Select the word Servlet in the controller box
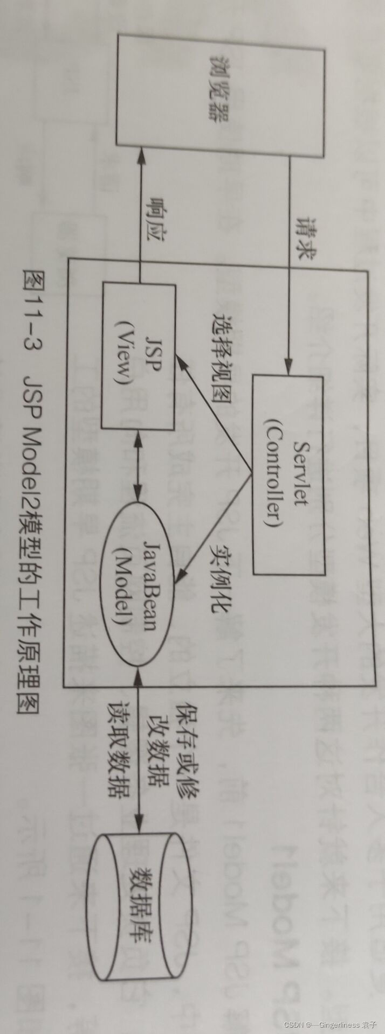(x=301, y=474)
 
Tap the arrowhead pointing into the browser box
(x=140, y=156)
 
